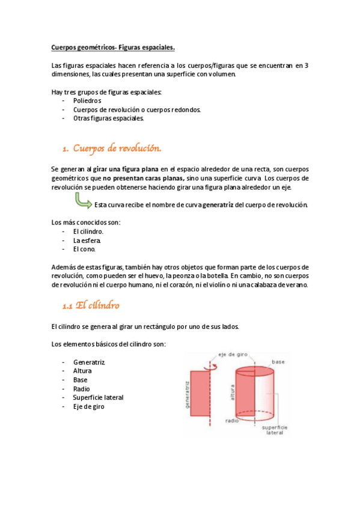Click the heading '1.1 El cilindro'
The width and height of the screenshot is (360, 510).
[x=91, y=306]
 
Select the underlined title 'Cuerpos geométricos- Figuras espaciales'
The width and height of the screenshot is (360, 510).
[x=113, y=46]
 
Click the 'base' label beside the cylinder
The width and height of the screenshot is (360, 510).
[x=278, y=362]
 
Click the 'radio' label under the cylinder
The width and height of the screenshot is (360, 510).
[x=233, y=420]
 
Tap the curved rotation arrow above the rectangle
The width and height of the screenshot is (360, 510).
[x=209, y=364]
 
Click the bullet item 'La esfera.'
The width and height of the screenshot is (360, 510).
[x=87, y=240]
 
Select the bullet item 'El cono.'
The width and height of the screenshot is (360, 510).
[x=84, y=249]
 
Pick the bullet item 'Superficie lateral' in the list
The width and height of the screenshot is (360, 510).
[x=98, y=398]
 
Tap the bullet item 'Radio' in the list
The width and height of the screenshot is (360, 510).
[x=81, y=389]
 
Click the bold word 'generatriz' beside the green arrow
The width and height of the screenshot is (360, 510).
[x=218, y=205]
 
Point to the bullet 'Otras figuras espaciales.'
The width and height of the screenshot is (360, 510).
[x=109, y=118]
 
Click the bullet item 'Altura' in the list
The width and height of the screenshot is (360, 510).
[x=82, y=371]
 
